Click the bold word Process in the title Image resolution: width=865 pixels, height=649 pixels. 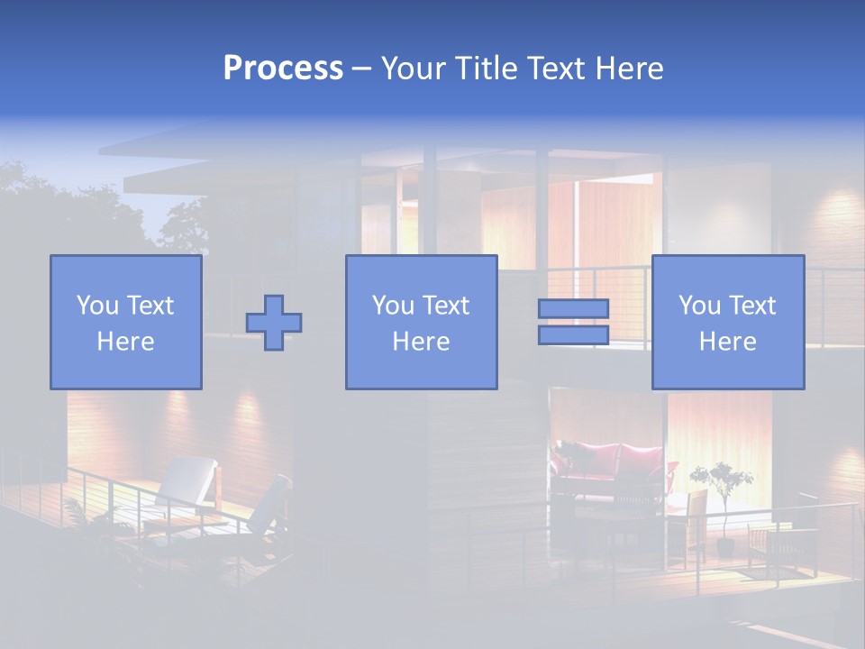coord(283,69)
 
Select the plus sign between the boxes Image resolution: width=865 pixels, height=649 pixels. coord(274,323)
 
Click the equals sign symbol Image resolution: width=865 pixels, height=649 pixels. coord(573,322)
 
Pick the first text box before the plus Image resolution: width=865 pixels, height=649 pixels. coord(126,322)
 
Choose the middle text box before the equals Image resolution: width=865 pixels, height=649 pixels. coord(421,322)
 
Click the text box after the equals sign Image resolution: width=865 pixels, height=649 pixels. coord(727,322)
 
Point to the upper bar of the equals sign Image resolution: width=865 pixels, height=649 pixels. coord(573,308)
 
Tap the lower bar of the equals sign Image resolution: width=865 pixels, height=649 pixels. coord(573,335)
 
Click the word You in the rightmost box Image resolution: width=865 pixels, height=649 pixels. coord(697,306)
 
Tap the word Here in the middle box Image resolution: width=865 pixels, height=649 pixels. coord(421,342)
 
